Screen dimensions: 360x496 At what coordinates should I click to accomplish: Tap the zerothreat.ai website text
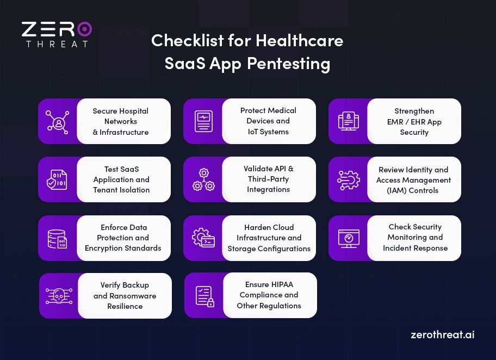(442, 334)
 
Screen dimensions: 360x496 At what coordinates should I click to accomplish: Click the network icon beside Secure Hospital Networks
(57, 121)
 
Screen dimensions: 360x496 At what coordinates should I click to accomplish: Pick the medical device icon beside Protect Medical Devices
(203, 121)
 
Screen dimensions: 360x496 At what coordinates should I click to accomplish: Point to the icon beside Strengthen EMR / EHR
(348, 121)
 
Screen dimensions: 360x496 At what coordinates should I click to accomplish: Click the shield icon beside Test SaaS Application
(57, 180)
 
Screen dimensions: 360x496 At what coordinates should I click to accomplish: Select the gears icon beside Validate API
(203, 179)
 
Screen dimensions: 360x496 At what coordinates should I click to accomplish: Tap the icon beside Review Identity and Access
(348, 179)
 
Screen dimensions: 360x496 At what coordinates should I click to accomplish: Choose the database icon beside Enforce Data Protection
(57, 238)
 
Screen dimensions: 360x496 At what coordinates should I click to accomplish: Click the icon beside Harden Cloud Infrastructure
(203, 238)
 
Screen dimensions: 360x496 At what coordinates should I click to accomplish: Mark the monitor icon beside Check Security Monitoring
(348, 238)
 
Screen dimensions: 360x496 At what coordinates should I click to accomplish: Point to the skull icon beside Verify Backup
(58, 296)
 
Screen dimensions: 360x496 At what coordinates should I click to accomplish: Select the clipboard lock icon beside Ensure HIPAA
(204, 296)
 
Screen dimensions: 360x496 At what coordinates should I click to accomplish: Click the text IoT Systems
(268, 132)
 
